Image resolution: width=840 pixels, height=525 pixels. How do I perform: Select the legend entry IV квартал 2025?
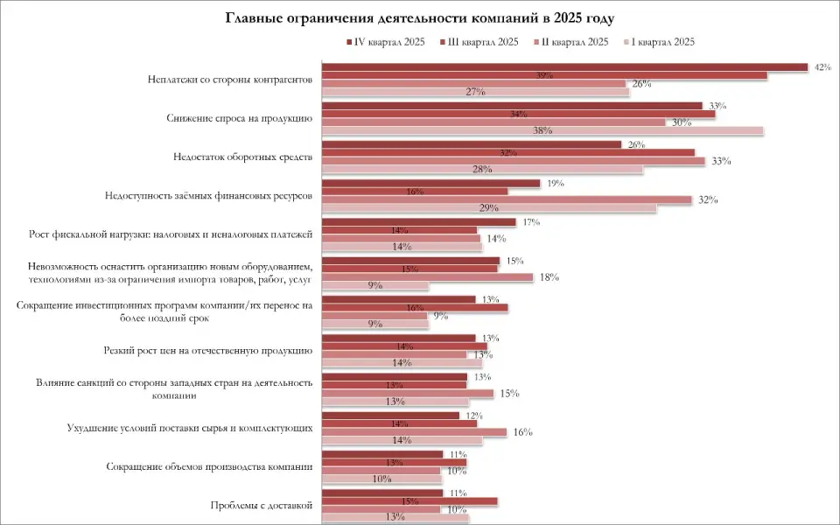(390, 42)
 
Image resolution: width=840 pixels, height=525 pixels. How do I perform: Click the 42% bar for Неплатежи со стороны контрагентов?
(564, 67)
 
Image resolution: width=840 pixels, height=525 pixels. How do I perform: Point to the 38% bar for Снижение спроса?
(542, 131)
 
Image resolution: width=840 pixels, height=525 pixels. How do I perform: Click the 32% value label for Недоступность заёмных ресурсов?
(708, 199)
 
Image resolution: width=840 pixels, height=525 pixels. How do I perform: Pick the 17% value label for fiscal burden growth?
(530, 222)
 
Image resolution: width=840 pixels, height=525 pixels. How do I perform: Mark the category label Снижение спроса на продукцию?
(240, 118)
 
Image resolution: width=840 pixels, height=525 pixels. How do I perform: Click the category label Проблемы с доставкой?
(262, 504)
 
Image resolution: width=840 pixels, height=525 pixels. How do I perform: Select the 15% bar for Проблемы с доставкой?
(409, 501)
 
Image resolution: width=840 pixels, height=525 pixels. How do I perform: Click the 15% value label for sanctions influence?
(509, 394)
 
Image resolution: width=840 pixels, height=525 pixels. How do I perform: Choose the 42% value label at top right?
(822, 66)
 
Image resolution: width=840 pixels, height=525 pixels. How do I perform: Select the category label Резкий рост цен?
(208, 350)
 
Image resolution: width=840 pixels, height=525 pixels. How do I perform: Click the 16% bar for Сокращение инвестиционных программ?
(415, 308)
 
